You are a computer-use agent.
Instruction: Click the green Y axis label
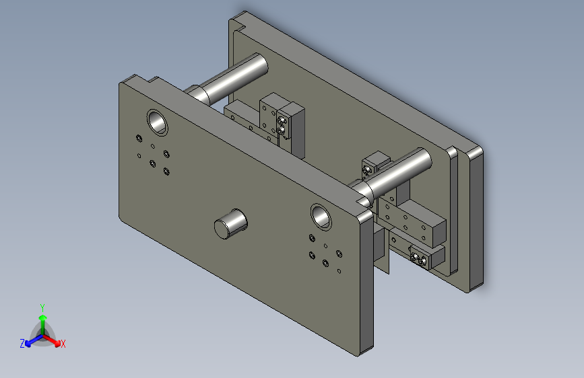point(42,307)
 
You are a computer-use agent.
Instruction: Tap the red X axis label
point(63,344)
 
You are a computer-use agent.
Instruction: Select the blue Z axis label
point(22,344)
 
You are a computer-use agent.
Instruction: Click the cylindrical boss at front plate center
point(230,223)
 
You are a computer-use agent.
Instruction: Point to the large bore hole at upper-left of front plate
point(157,122)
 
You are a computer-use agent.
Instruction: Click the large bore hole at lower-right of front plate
point(321,217)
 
